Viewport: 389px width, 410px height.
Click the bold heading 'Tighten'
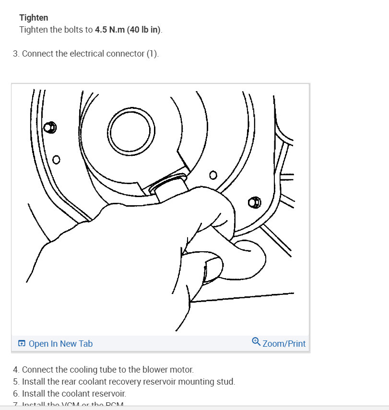(x=34, y=18)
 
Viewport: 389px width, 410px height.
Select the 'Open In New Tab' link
(x=60, y=343)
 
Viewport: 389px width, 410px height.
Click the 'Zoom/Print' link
(x=284, y=343)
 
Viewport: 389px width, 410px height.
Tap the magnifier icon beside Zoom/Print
(x=256, y=342)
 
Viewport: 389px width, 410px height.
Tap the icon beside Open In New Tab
(x=22, y=343)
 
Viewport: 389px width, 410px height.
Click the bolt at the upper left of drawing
(x=49, y=127)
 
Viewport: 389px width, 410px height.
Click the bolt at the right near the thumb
(x=255, y=202)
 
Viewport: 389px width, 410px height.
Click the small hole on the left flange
(x=57, y=159)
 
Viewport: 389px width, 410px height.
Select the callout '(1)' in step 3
(x=152, y=54)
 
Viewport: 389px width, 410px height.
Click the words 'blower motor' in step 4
(x=170, y=370)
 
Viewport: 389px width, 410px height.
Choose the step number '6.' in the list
(x=17, y=394)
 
